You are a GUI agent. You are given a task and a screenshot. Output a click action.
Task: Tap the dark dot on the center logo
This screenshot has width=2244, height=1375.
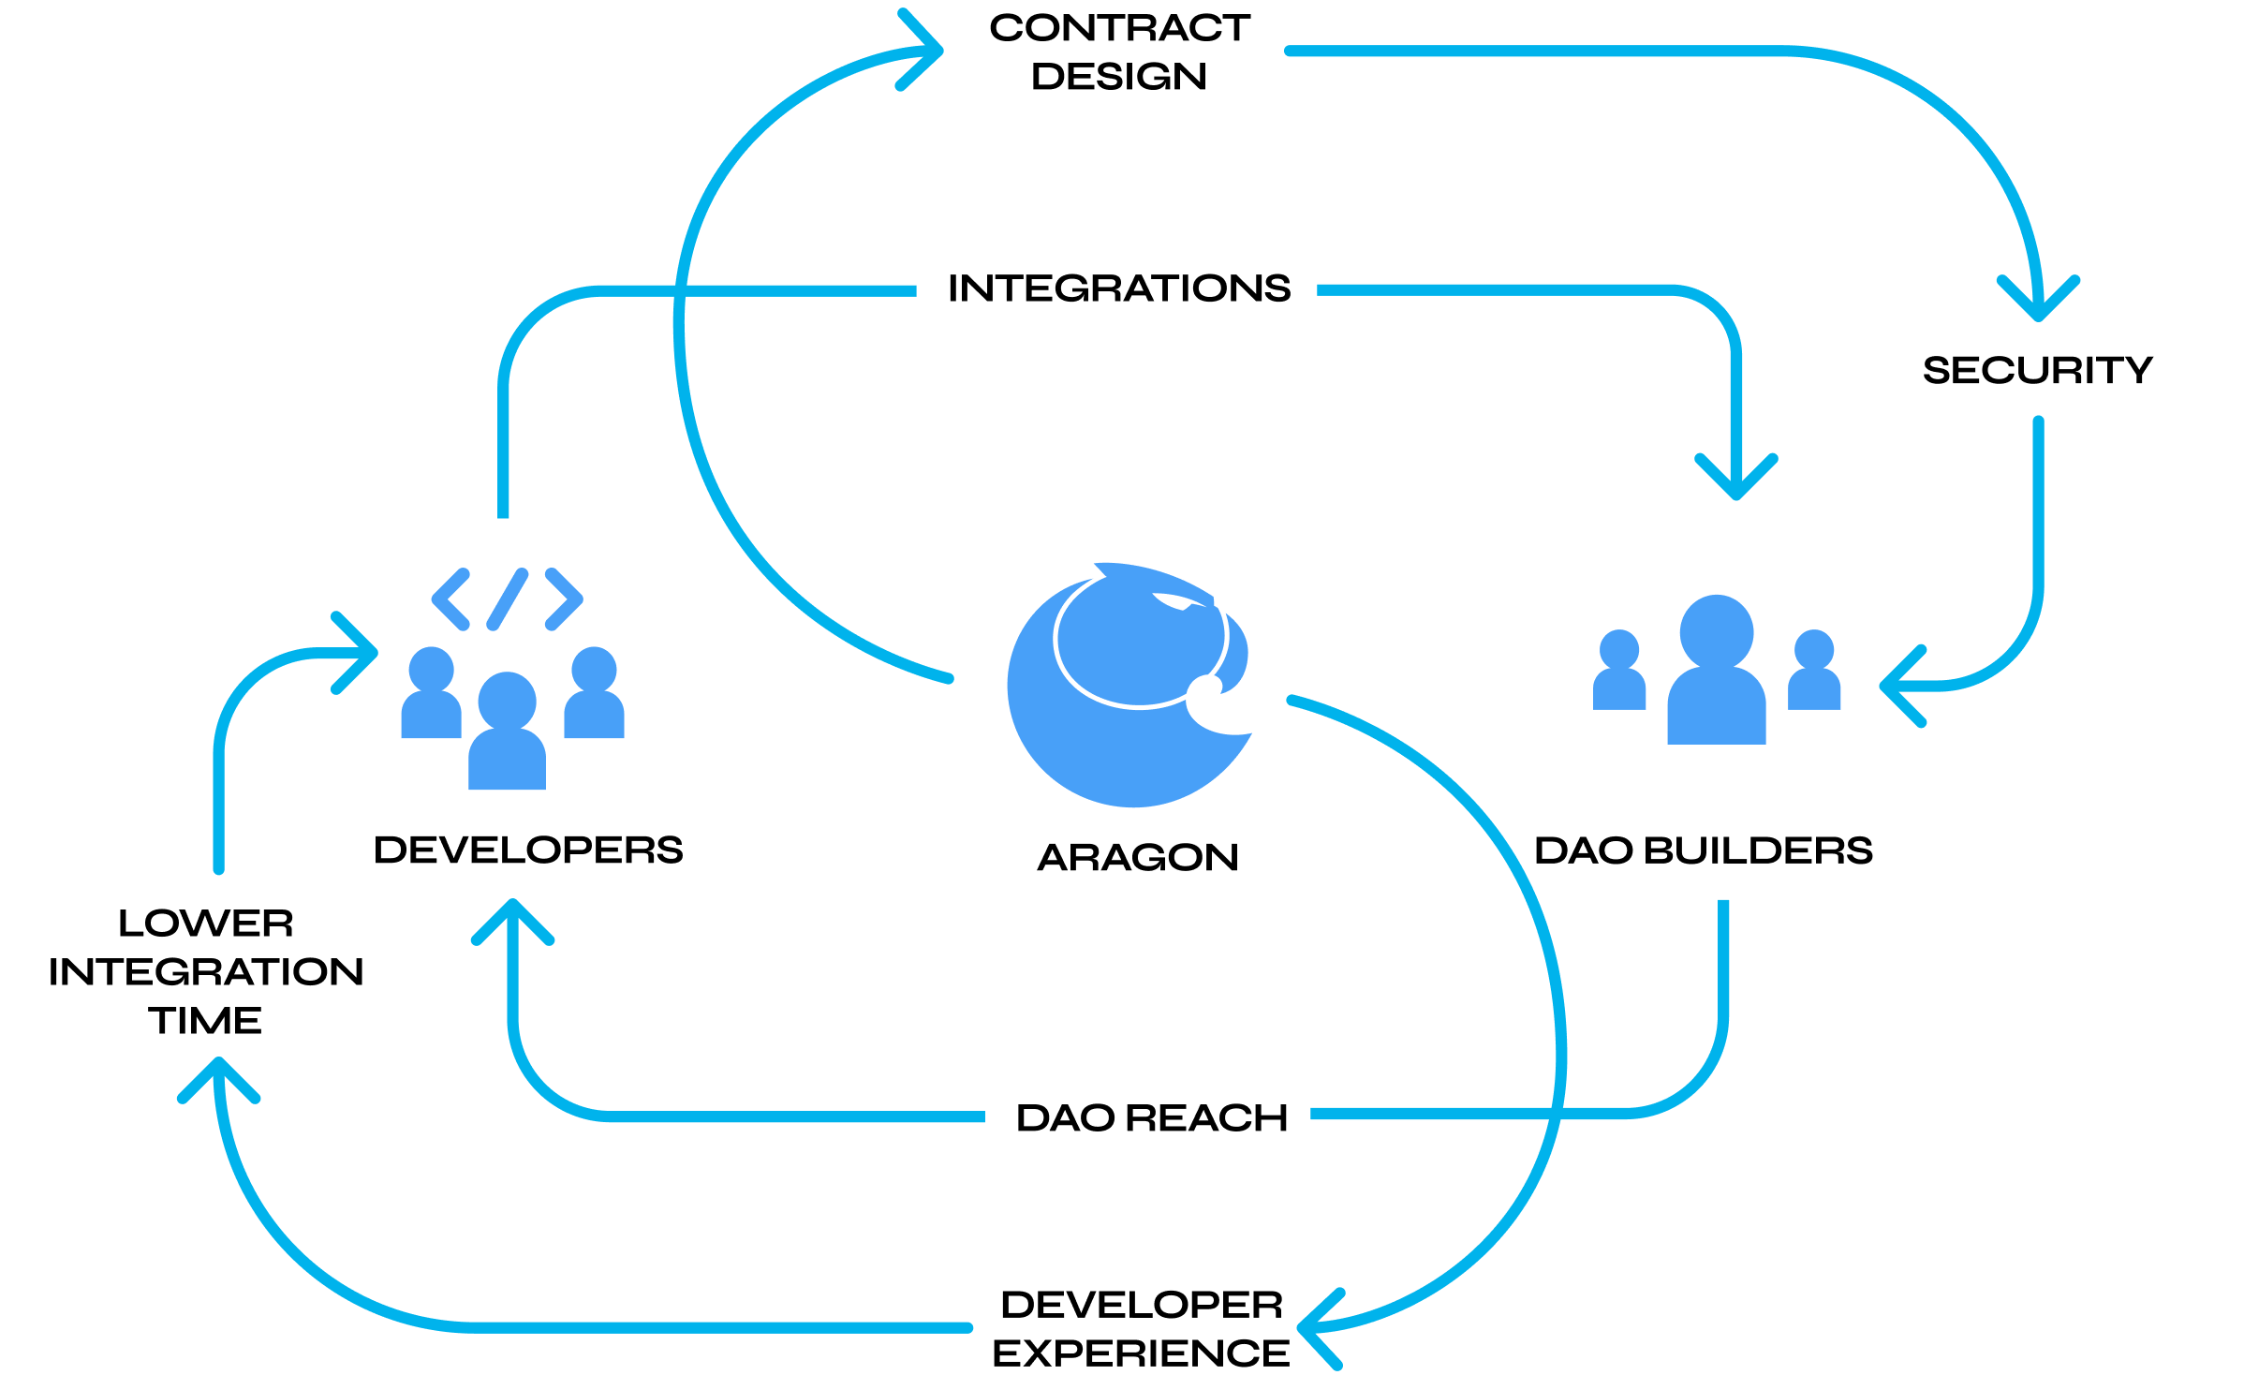click(x=1204, y=692)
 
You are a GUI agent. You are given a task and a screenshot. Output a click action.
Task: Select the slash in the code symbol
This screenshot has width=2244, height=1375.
click(x=508, y=599)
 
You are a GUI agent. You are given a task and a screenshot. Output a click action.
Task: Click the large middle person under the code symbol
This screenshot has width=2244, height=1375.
click(x=507, y=735)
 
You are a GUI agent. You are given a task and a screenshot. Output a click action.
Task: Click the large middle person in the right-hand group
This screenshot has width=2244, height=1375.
click(x=1716, y=674)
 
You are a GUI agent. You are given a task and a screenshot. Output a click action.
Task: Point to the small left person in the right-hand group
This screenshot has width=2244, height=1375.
click(x=1619, y=672)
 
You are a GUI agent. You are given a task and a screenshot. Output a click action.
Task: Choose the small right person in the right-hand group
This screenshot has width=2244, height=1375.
click(x=1814, y=672)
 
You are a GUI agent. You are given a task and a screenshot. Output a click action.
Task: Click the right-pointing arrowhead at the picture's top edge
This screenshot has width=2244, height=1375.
click(x=927, y=51)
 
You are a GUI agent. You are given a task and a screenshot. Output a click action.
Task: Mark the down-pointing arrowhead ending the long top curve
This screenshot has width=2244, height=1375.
click(x=2038, y=304)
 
